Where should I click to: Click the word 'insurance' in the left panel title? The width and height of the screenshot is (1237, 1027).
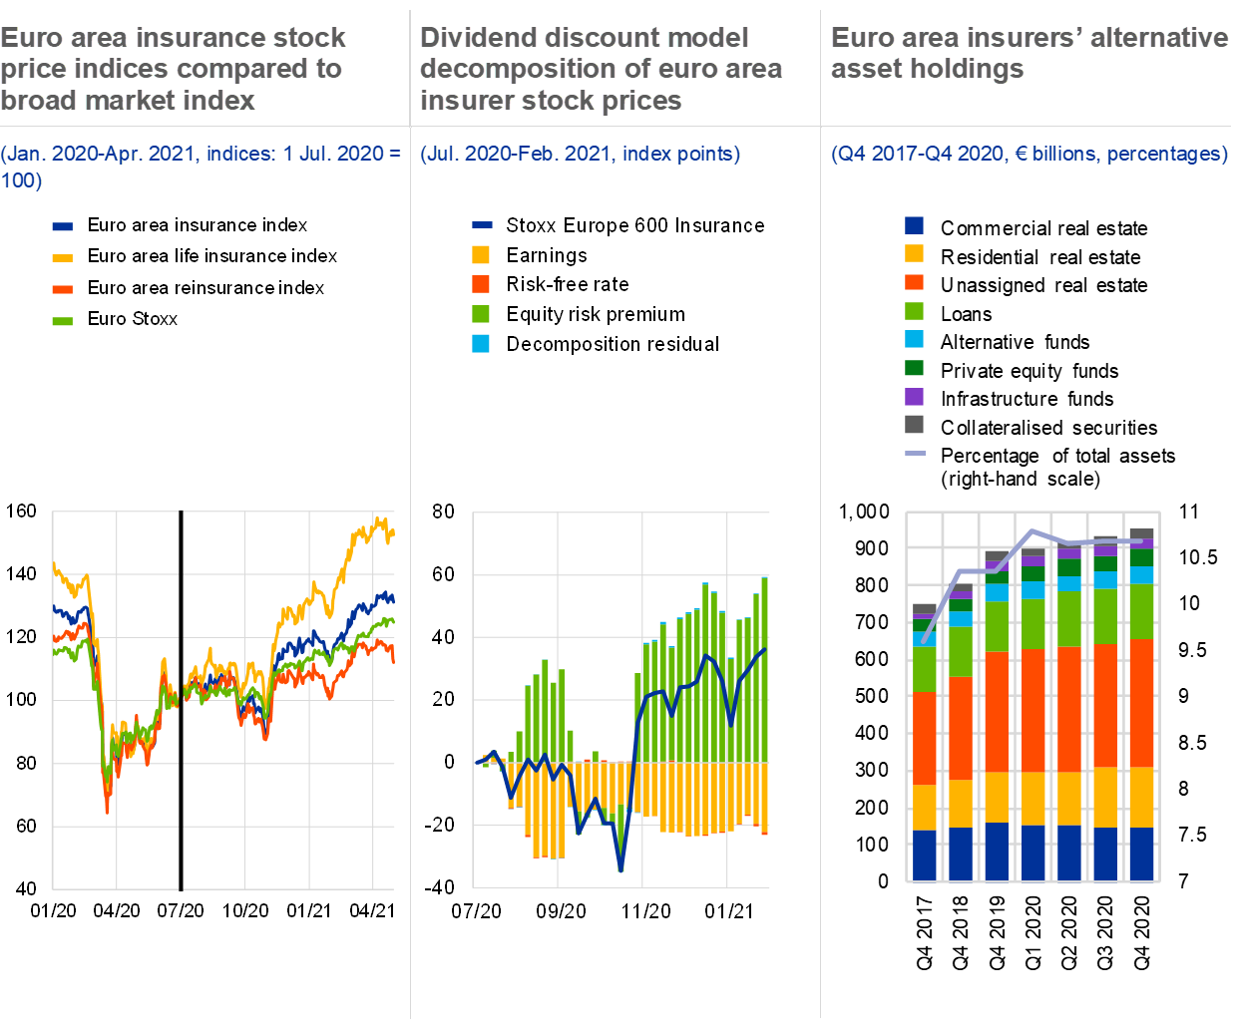click(199, 38)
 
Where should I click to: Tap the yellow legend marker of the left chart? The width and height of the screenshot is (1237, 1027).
click(62, 258)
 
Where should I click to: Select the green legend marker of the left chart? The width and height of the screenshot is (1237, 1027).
click(62, 321)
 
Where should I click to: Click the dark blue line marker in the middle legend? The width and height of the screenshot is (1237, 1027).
click(482, 225)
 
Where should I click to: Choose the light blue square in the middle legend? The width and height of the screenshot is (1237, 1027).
click(481, 344)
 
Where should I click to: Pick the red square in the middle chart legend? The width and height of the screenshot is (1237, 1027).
click(481, 283)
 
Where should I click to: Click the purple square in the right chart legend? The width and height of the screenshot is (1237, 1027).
click(914, 396)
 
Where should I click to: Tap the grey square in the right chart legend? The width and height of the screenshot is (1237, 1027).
click(914, 424)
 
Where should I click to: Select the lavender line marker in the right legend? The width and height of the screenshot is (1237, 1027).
click(914, 453)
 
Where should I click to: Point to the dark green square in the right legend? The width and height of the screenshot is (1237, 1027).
click(914, 368)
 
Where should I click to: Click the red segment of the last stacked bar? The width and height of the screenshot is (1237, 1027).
click(1141, 703)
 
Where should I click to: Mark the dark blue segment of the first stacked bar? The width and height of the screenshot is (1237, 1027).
click(925, 856)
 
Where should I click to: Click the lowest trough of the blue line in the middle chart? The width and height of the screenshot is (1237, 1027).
click(620, 869)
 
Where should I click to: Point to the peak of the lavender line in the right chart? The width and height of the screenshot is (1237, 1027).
click(1032, 530)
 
